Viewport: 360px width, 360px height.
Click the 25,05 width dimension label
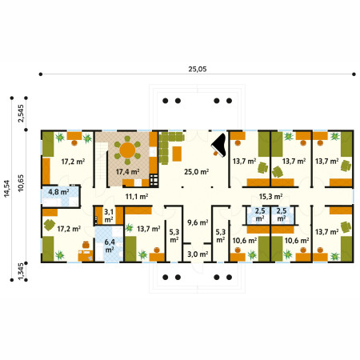point(198,69)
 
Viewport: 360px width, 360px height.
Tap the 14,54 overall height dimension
point(6,189)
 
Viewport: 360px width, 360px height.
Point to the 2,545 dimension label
point(21,114)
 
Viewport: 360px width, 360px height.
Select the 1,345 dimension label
point(21,271)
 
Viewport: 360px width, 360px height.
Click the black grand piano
point(219,146)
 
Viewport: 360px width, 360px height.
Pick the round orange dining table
point(127,150)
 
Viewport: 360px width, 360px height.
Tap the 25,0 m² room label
point(196,172)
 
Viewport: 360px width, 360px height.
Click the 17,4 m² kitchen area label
point(127,172)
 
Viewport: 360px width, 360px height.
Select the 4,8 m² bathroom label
point(58,192)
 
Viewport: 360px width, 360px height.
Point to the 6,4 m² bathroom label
point(110,246)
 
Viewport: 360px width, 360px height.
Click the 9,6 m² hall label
point(198,222)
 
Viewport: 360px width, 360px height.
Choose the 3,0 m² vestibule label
point(198,254)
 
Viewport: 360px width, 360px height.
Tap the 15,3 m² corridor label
point(270,197)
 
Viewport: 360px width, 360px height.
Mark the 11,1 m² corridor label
point(137,197)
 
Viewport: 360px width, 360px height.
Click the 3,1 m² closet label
point(109,216)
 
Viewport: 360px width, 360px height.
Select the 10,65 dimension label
point(21,183)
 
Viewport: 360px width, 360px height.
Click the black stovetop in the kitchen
point(154,180)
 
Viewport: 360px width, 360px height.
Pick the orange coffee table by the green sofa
point(177,154)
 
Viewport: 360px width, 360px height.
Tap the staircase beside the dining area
point(102,161)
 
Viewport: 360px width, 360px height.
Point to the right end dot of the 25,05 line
point(354,74)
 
